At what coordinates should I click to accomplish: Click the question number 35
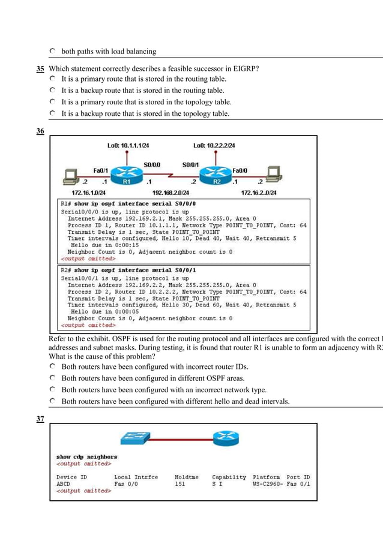(40, 68)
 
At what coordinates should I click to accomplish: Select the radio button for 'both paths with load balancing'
(53, 51)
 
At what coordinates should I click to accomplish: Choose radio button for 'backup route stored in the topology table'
(53, 113)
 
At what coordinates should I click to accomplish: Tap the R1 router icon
(127, 175)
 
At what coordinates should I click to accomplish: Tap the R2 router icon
(215, 175)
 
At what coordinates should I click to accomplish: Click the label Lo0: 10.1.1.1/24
(128, 145)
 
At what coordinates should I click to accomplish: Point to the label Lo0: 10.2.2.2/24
(214, 145)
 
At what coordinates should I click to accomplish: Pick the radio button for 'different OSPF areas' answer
(53, 378)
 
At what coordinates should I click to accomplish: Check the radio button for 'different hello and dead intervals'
(53, 401)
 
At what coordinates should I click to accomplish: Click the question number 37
(40, 419)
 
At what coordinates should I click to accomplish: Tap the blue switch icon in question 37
(136, 438)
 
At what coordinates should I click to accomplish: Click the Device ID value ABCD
(64, 483)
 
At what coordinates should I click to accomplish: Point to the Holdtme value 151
(180, 483)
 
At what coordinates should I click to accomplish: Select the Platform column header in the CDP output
(267, 477)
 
